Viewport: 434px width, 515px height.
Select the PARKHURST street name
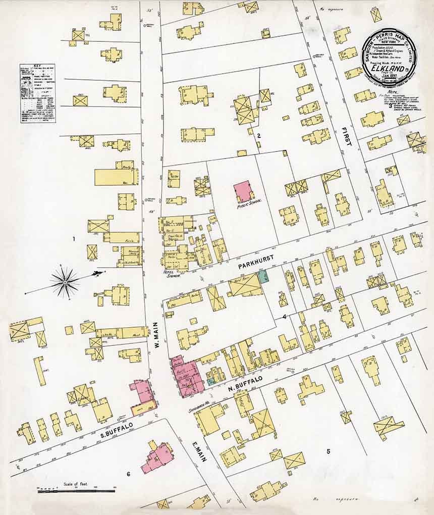[257, 258]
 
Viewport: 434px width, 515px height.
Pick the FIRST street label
[347, 136]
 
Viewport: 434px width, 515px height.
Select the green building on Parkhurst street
[262, 276]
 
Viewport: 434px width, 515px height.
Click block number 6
[128, 474]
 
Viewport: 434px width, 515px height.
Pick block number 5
[328, 451]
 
